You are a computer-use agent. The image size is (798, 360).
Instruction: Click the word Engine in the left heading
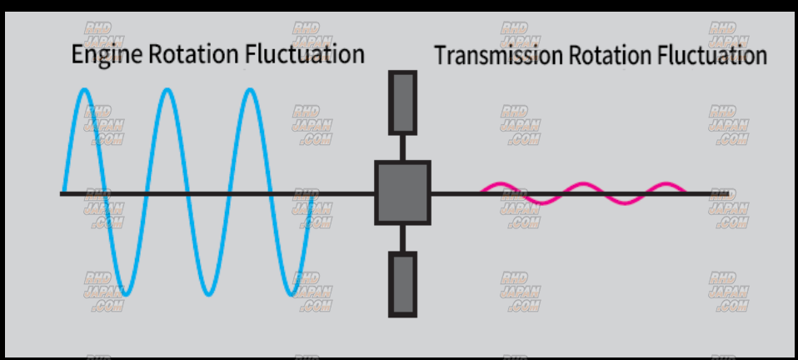point(107,55)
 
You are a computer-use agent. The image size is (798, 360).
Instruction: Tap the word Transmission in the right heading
point(497,56)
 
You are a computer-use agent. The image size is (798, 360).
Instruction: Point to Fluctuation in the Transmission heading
point(711,56)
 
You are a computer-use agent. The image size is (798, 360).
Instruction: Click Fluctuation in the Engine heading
point(305,55)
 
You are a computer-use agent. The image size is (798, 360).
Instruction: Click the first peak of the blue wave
point(85,89)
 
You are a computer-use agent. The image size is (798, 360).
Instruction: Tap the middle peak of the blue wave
point(167,89)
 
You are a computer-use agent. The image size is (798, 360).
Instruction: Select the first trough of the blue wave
point(126,294)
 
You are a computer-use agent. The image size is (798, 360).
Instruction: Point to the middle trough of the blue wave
point(208,294)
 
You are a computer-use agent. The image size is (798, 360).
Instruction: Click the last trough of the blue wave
point(291,294)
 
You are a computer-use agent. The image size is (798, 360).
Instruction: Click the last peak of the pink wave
point(666,184)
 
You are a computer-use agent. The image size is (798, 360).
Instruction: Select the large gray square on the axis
point(402,192)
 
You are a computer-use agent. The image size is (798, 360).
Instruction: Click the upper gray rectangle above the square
point(402,102)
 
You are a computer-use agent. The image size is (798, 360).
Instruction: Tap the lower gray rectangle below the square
point(402,284)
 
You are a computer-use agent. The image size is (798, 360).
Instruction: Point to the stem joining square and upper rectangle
point(402,147)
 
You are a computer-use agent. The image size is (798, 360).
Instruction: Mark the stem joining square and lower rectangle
point(402,238)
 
